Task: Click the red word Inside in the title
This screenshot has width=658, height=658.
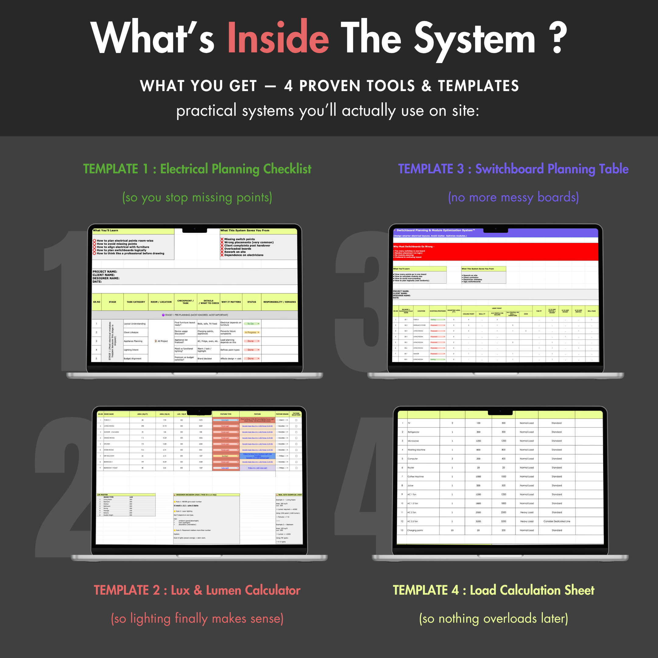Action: (x=278, y=37)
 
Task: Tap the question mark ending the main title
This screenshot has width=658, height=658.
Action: (x=557, y=37)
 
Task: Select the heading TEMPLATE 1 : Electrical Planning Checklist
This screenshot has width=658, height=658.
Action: (x=197, y=169)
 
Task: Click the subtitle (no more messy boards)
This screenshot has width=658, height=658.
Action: (x=513, y=197)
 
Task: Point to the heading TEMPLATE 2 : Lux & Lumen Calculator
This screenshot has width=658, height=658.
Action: (x=197, y=590)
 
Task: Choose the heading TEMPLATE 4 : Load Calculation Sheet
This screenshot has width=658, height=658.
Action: (x=493, y=590)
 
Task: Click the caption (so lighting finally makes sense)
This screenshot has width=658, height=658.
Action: (x=197, y=618)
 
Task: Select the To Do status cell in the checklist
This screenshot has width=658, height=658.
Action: (x=251, y=324)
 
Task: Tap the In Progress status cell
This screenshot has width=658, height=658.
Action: (x=251, y=332)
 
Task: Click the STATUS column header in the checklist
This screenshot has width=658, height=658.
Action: (x=252, y=302)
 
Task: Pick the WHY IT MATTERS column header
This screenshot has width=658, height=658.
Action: (x=231, y=302)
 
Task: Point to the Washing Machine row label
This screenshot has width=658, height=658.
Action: (x=416, y=450)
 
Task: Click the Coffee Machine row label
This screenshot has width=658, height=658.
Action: (x=416, y=476)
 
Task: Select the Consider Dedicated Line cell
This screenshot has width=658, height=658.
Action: (x=557, y=522)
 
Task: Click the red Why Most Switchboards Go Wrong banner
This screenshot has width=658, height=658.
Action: (x=496, y=252)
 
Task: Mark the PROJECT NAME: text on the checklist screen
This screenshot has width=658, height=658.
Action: (x=105, y=271)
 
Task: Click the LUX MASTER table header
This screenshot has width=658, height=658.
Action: (x=103, y=494)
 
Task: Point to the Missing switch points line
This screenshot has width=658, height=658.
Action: (x=239, y=239)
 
